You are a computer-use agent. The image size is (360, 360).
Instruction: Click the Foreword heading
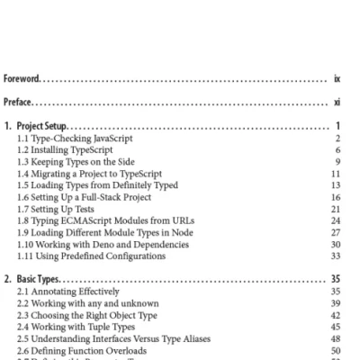(23, 79)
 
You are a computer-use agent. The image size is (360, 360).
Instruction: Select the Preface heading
(21, 103)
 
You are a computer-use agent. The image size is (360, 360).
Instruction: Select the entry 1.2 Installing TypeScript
(68, 150)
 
